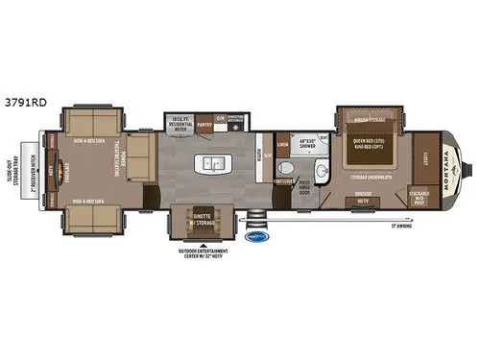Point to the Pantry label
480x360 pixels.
click(x=204, y=124)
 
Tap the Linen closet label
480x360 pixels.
click(x=283, y=145)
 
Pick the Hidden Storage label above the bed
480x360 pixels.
click(x=370, y=120)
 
